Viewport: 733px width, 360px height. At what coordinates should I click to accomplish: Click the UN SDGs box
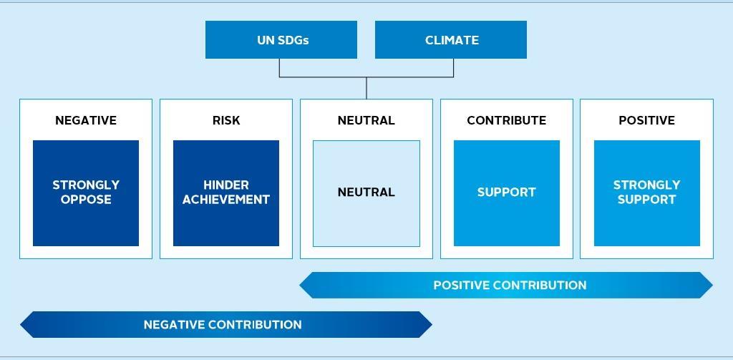click(281, 40)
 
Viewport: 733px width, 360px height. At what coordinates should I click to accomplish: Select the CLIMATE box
click(451, 40)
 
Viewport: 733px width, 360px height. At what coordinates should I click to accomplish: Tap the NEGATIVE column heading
click(86, 120)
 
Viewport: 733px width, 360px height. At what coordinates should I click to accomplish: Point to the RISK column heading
click(226, 120)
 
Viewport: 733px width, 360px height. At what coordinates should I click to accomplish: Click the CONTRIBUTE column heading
click(506, 120)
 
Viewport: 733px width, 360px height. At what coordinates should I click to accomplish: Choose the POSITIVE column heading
click(646, 120)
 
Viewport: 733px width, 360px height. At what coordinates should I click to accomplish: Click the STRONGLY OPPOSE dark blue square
click(86, 193)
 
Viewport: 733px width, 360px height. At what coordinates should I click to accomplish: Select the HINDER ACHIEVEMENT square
click(226, 193)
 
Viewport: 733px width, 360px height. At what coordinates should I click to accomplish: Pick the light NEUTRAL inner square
click(366, 193)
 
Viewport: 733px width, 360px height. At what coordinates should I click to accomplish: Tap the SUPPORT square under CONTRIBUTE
click(507, 193)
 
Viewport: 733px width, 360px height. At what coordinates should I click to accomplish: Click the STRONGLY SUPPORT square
click(647, 193)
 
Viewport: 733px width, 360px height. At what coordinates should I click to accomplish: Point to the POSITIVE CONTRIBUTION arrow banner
click(506, 285)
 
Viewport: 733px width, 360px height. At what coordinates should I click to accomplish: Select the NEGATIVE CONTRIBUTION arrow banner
click(225, 324)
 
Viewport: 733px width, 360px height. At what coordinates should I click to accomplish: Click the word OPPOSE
click(86, 200)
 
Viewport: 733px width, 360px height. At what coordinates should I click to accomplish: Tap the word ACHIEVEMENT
click(226, 200)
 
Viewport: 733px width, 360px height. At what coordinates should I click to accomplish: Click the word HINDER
click(226, 185)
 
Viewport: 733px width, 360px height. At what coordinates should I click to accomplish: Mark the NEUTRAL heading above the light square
click(366, 120)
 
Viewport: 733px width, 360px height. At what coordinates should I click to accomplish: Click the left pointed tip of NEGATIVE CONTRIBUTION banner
click(20, 324)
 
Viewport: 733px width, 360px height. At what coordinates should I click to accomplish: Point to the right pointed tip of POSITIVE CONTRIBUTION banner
click(712, 285)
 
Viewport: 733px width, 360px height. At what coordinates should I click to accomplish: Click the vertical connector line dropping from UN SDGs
click(280, 68)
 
